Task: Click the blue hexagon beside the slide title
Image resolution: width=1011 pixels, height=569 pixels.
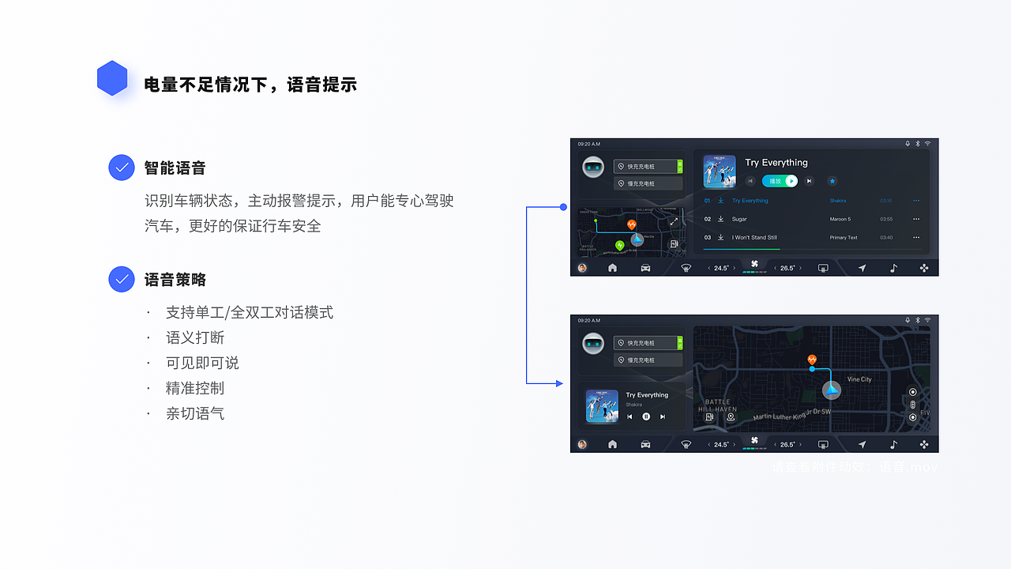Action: [112, 78]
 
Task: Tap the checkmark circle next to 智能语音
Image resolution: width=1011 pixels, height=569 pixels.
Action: [122, 168]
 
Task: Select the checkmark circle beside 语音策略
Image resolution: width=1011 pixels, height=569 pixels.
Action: [122, 279]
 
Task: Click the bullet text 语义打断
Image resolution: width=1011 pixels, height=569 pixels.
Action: [195, 337]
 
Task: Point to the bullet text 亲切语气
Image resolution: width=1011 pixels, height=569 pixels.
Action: [195, 413]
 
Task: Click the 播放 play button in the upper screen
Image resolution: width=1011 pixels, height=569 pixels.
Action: [780, 181]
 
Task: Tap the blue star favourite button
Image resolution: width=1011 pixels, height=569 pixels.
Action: [832, 181]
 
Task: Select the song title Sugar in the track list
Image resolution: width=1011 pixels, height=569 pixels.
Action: [739, 219]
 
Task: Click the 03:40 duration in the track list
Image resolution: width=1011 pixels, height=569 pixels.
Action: [886, 237]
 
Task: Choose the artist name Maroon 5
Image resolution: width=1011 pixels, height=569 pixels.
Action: [840, 219]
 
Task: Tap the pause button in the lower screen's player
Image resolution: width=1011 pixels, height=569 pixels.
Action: [646, 416]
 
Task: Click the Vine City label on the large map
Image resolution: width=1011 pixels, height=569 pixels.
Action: [859, 379]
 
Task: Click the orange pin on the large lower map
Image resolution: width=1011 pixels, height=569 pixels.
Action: [812, 360]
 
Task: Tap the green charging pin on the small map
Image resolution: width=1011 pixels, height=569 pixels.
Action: [619, 245]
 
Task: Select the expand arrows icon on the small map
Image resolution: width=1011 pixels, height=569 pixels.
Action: [674, 222]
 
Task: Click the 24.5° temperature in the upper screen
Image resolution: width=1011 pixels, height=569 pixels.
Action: [721, 268]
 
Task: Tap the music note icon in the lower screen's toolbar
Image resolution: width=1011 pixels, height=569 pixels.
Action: [893, 445]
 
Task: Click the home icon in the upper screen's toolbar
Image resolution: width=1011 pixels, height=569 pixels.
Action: [612, 268]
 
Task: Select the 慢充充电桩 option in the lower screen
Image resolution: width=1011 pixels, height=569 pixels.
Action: [648, 360]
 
